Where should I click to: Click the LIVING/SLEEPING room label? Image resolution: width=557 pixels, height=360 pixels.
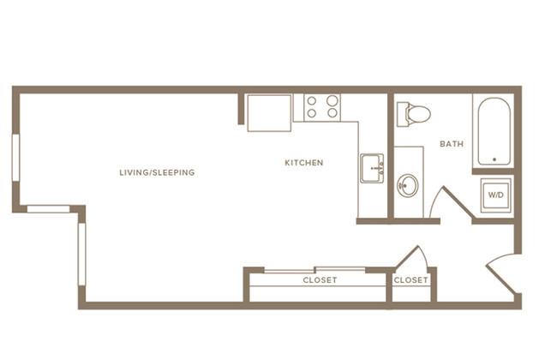point(157,173)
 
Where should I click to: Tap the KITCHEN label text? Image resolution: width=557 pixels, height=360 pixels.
point(304,163)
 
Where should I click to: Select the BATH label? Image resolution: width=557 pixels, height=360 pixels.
point(452,144)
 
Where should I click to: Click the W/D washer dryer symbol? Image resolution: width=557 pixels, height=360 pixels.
point(496,195)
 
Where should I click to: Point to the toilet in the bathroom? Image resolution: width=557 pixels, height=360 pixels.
point(414,114)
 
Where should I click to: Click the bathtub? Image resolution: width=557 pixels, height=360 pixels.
point(494,131)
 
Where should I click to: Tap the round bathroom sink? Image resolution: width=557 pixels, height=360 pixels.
point(407,185)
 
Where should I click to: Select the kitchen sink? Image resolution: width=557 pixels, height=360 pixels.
point(372,168)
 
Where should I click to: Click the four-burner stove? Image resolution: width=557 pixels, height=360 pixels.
point(322,107)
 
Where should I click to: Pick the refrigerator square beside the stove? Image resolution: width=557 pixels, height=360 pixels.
point(269,113)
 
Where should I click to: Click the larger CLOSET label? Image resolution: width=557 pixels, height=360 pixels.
point(320,280)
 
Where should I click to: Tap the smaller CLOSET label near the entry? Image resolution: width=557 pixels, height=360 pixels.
point(411,280)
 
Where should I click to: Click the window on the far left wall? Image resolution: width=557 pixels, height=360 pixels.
point(16,158)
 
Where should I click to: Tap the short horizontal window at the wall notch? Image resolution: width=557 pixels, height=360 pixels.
point(48,209)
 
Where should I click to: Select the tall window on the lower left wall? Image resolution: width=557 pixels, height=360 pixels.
point(82,254)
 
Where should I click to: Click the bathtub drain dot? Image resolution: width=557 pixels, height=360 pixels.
point(494,159)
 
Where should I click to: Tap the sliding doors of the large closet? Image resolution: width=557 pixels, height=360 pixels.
point(314,270)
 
